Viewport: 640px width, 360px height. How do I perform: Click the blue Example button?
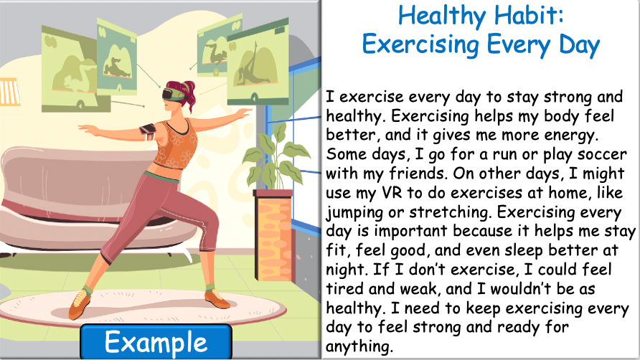point(156,341)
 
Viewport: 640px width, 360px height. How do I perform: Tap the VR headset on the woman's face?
point(174,93)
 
